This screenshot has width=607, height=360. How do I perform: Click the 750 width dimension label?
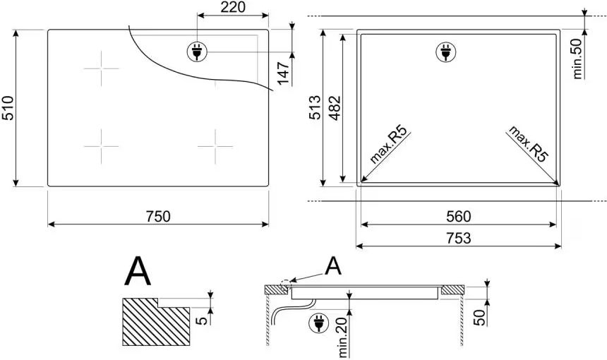click(158, 217)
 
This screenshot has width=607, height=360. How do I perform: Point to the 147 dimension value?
click(284, 73)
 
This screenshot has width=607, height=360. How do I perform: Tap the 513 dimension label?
click(315, 107)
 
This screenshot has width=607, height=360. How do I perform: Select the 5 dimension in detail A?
click(202, 320)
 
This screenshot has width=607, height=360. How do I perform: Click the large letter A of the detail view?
click(138, 272)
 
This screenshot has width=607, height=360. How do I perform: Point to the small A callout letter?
click(333, 266)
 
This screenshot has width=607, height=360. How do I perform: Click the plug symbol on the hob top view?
click(196, 51)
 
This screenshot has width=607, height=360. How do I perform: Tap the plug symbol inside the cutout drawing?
click(445, 51)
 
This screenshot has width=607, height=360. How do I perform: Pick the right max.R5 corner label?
click(529, 146)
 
